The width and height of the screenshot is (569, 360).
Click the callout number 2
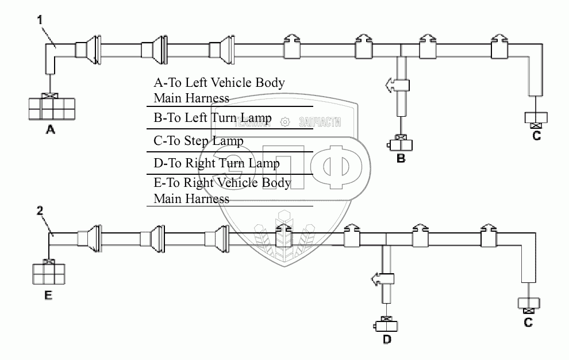(x=39, y=211)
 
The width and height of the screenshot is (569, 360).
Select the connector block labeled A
(x=51, y=108)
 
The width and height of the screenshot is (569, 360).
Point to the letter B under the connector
(x=401, y=158)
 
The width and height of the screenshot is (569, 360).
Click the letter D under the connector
(x=387, y=340)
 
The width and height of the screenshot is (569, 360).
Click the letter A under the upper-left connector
(x=50, y=131)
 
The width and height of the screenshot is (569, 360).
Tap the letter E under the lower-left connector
(x=48, y=296)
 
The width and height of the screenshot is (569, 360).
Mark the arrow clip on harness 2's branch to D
(x=382, y=279)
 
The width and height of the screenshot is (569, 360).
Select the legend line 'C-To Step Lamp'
(x=198, y=141)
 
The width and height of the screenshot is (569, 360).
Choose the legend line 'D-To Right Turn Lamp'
(x=217, y=163)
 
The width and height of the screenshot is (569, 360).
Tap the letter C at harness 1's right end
(x=537, y=136)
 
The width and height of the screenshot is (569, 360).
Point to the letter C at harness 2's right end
(x=528, y=322)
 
